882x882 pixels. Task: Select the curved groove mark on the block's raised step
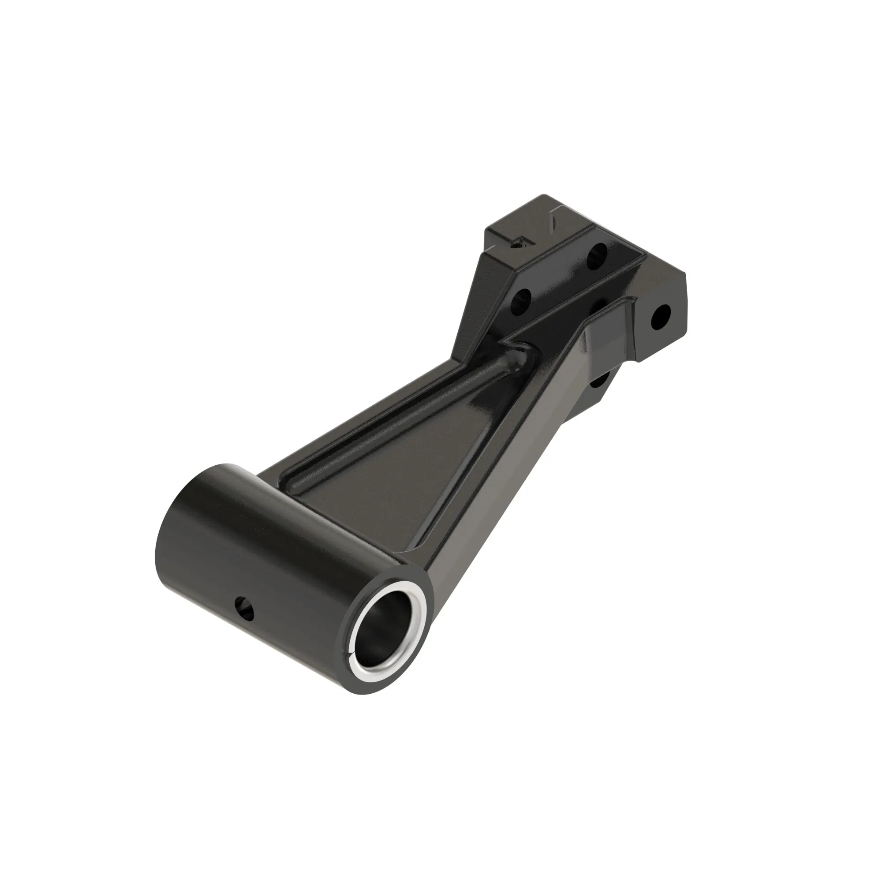554,219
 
